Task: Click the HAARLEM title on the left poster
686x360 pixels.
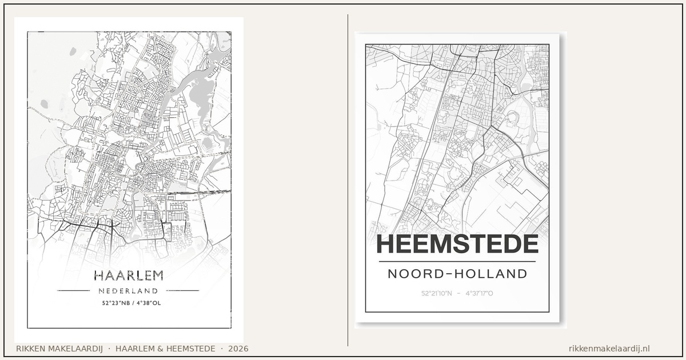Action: (x=128, y=275)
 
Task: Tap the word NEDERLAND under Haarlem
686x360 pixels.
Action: (x=128, y=291)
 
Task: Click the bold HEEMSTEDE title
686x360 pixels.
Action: (x=457, y=245)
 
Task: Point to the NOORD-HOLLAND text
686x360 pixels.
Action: (x=457, y=274)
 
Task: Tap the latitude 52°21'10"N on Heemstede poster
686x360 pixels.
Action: (x=437, y=294)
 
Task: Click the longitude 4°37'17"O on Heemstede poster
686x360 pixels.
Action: (x=479, y=294)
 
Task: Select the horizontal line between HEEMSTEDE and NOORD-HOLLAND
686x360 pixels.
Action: (x=457, y=262)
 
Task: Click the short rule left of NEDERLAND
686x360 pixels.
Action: (x=74, y=290)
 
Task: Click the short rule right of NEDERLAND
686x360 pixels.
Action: (x=182, y=290)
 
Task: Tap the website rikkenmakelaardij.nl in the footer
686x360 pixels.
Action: (x=609, y=349)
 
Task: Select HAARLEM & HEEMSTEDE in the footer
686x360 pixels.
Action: (x=165, y=349)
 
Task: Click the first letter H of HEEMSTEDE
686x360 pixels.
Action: (x=384, y=245)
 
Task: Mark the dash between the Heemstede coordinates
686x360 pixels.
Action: (x=458, y=294)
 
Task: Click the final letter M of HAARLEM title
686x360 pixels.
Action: (x=156, y=275)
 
